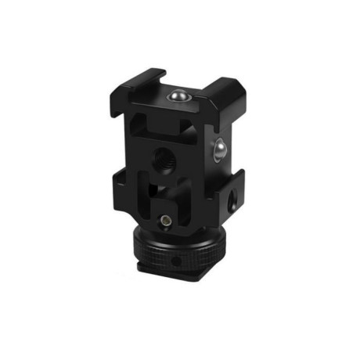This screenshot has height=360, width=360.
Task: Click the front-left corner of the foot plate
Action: tap(141, 268)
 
